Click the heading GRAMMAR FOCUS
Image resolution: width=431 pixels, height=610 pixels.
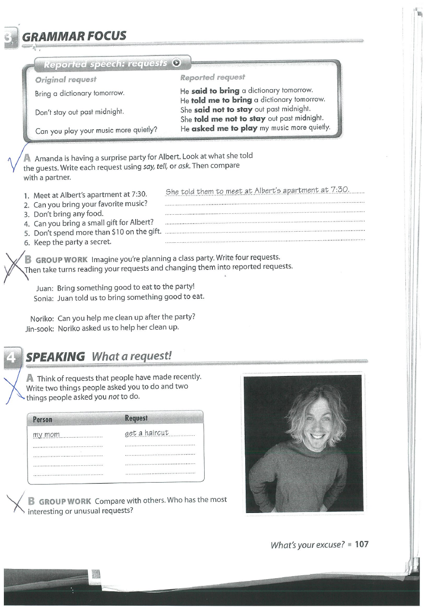[x=74, y=36]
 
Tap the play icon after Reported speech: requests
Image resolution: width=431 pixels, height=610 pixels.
[x=177, y=62]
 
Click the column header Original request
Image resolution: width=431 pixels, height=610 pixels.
[x=66, y=80]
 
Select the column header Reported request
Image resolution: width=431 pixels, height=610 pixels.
[x=212, y=77]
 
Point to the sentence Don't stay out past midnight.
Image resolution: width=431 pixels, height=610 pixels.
[x=80, y=112]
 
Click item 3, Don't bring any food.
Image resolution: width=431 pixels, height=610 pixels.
[x=69, y=214]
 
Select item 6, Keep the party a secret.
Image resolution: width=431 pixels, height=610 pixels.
[x=72, y=242]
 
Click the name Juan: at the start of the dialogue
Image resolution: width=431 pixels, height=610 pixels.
[x=44, y=288]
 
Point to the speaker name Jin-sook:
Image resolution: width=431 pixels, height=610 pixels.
[x=39, y=328]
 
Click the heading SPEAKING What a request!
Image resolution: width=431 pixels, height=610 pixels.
[x=98, y=357]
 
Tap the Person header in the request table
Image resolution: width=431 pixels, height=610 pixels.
[x=42, y=419]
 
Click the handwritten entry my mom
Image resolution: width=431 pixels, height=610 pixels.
[x=46, y=435]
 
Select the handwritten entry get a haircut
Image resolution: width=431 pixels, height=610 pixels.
[x=147, y=433]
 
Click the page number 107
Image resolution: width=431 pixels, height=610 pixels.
[x=361, y=544]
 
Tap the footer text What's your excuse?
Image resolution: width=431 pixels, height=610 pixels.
[x=307, y=545]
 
